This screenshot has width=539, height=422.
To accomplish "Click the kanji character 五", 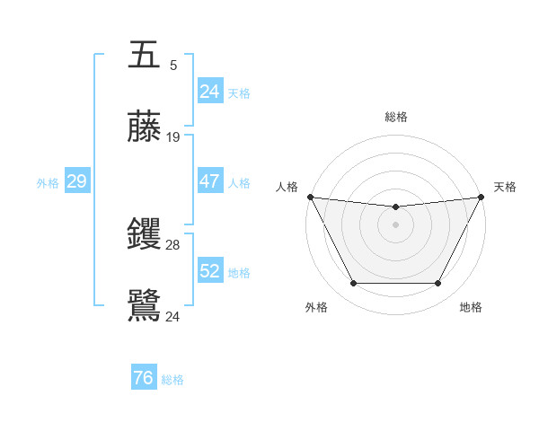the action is [x=145, y=54].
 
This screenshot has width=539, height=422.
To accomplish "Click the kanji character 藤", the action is [x=145, y=127].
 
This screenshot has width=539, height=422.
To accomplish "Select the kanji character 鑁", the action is [x=145, y=234].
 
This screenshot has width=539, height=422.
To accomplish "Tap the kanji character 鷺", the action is [x=145, y=306].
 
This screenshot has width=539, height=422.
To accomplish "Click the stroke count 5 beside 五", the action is [x=173, y=65].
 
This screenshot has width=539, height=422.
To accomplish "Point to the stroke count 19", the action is [x=173, y=137].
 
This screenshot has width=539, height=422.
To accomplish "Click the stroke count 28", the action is [x=173, y=244].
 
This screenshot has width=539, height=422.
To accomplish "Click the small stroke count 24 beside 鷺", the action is [x=173, y=316].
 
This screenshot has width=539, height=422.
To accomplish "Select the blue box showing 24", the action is [x=209, y=92].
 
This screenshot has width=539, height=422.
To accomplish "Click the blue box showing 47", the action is [x=209, y=181].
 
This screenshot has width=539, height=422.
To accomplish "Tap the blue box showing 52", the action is [x=209, y=271].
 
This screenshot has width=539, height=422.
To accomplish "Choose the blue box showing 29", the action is [x=76, y=181].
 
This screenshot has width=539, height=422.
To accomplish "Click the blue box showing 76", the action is [x=143, y=379].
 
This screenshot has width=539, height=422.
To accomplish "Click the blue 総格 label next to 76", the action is [x=172, y=380].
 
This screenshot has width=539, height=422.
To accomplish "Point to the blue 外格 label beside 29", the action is [x=48, y=182].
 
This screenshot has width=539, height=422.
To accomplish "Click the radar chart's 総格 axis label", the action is [x=395, y=117].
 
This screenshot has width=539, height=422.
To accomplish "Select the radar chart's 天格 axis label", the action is [x=505, y=187].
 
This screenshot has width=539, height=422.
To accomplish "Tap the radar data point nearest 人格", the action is [x=310, y=197].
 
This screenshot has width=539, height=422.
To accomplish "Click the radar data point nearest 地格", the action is [x=438, y=284].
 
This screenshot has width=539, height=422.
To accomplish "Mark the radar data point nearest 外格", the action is [x=353, y=284].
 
